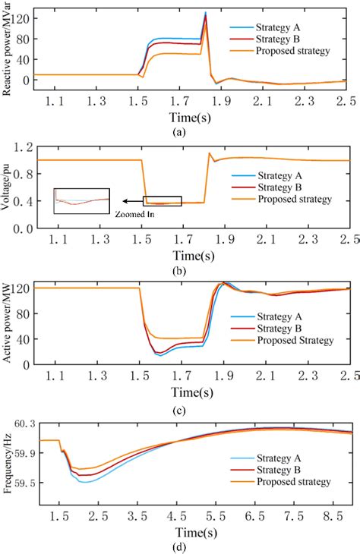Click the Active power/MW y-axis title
pos(8,322)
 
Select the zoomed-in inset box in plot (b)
pos(82,201)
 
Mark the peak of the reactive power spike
pos(205,12)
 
